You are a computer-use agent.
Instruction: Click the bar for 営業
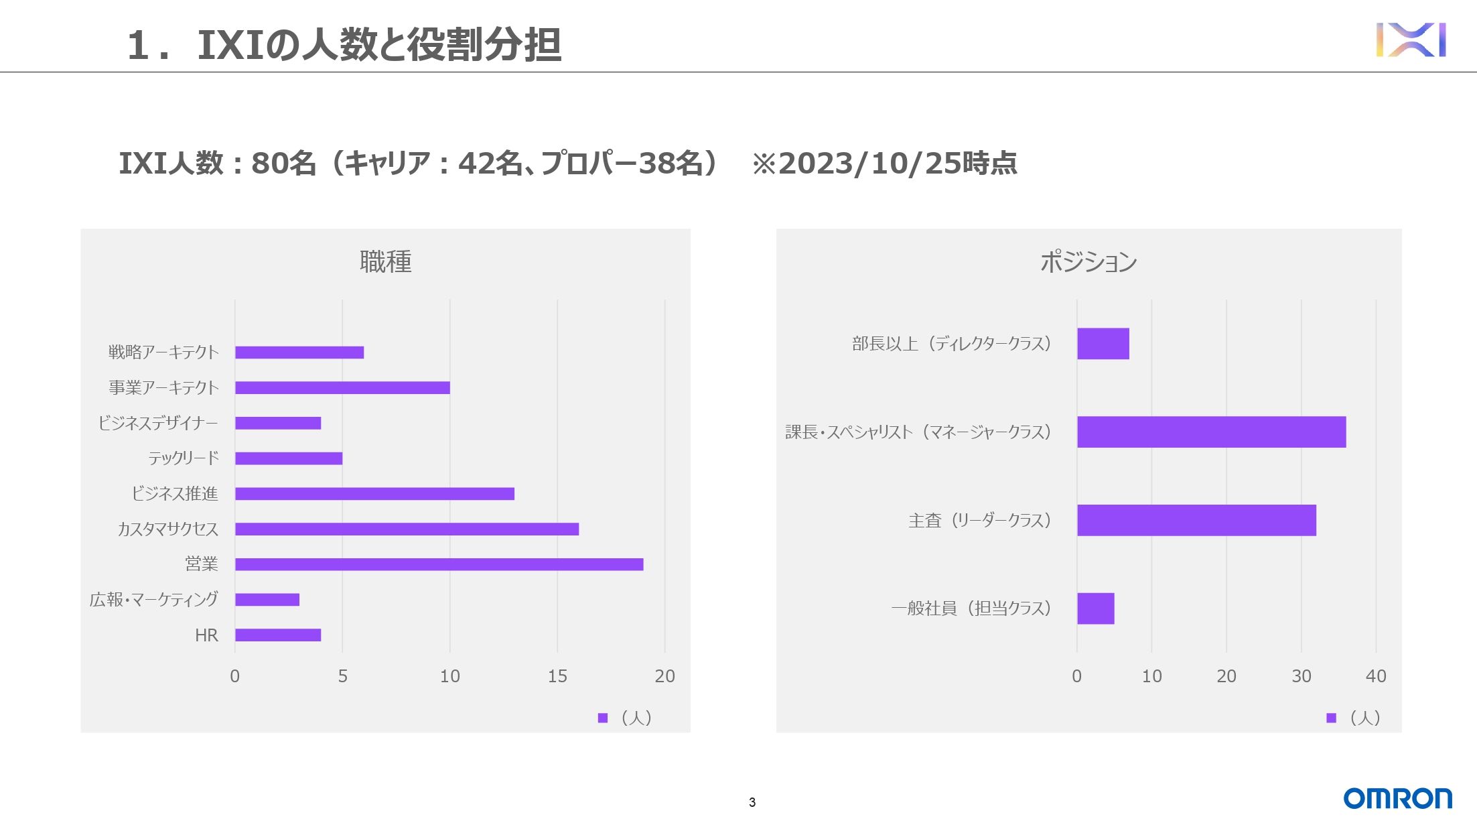click(439, 564)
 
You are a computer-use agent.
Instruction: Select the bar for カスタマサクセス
click(407, 529)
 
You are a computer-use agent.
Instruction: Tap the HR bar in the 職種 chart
click(278, 635)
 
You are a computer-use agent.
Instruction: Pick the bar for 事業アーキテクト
click(342, 387)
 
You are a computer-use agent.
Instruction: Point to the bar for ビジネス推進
click(374, 494)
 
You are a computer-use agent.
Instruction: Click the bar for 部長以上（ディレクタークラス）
click(1103, 344)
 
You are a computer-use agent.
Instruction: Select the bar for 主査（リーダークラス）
click(1196, 520)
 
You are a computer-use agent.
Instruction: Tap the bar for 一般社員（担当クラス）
click(1095, 609)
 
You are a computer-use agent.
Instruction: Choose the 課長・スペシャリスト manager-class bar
click(1211, 432)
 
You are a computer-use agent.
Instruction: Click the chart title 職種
click(385, 261)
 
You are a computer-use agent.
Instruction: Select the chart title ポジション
click(1088, 261)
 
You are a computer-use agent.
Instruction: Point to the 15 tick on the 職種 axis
click(557, 676)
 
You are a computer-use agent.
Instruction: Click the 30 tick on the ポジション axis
click(1301, 676)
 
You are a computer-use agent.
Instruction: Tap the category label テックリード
click(184, 458)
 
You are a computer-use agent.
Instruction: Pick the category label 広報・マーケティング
click(154, 599)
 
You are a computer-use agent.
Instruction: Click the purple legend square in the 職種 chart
click(603, 718)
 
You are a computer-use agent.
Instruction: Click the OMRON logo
click(1397, 798)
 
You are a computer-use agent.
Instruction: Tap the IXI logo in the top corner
click(1411, 40)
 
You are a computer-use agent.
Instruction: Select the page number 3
click(752, 802)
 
